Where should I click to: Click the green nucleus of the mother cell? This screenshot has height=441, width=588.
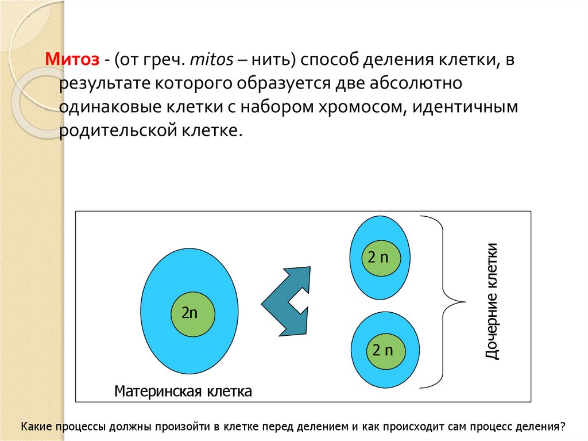(x=193, y=313)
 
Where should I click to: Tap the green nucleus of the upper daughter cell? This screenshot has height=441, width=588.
(x=378, y=257)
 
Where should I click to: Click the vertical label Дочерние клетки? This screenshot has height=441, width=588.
(x=492, y=301)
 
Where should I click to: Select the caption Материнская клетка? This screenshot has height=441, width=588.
(x=183, y=392)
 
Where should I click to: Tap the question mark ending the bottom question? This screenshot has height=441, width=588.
(x=563, y=427)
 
